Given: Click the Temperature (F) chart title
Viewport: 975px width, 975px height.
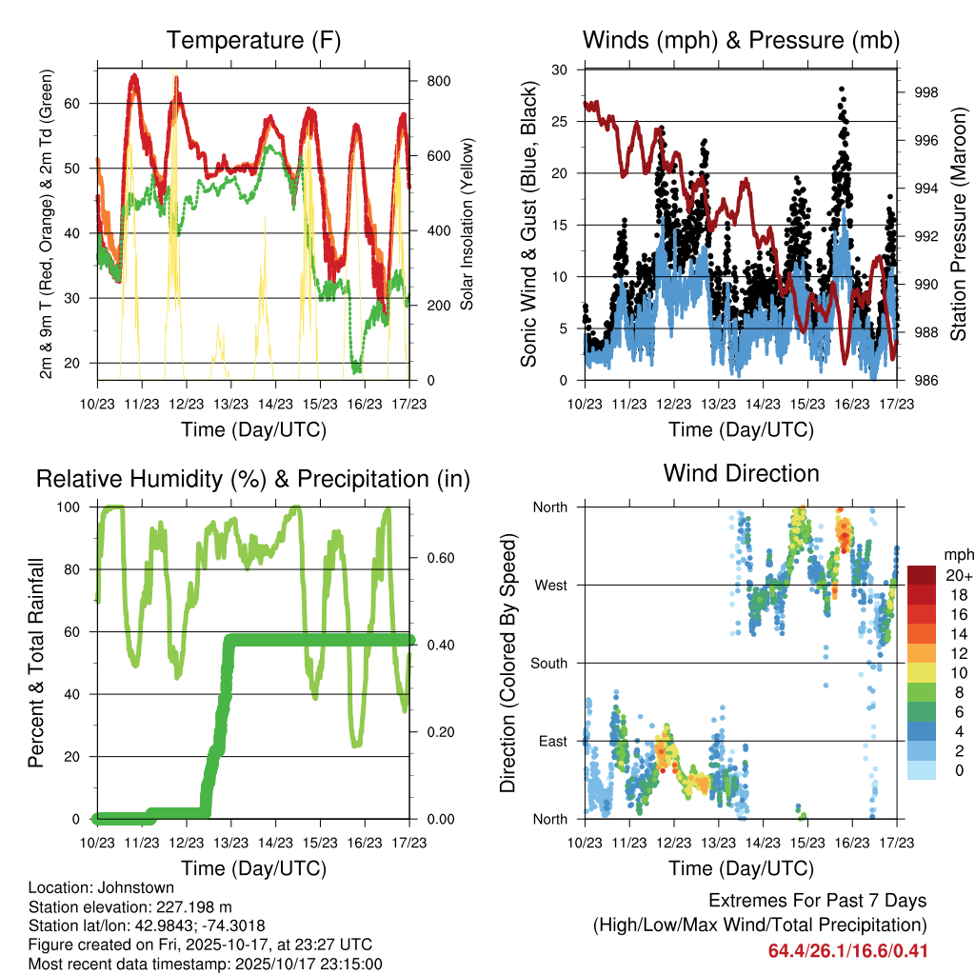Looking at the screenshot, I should pos(253,41).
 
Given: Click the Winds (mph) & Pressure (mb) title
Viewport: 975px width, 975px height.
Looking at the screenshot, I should pos(741,41).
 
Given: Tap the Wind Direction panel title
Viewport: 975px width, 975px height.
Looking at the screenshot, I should pos(741,473).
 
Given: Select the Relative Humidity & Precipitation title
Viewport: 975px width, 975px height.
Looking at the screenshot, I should pos(253,479).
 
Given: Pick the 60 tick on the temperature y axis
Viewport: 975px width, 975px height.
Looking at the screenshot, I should pos(84,103).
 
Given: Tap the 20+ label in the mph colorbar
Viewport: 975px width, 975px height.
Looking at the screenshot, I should pos(958,575).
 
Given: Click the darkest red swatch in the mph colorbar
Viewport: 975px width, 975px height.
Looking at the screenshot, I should pos(923,575).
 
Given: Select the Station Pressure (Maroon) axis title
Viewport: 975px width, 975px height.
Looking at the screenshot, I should pos(959,224).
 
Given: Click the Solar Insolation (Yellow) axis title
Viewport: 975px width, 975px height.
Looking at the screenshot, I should pos(468,224).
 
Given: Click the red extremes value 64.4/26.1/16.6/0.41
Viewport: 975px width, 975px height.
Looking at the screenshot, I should pos(847,950).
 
